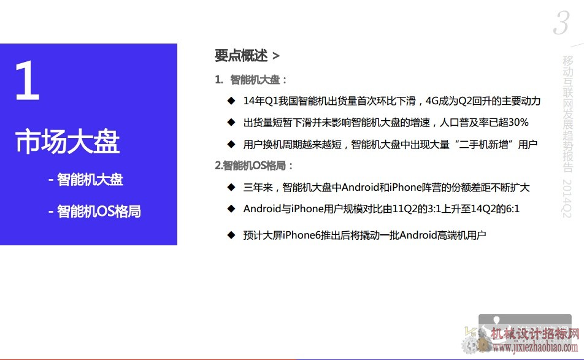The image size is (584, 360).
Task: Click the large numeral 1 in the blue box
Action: coord(28,80)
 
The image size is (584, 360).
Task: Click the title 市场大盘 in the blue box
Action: coord(67,142)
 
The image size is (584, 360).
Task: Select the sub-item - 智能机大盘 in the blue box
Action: coord(86,180)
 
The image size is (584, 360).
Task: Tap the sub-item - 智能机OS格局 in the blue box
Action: coord(94,212)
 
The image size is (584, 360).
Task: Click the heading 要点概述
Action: coord(241,56)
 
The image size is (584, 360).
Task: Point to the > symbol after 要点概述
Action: coord(275,56)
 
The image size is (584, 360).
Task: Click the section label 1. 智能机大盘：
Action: coord(251,80)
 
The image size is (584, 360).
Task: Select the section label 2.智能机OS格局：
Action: coord(254,166)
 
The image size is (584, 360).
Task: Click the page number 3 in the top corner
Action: coord(562,23)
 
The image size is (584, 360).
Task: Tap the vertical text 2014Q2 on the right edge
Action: coord(567,199)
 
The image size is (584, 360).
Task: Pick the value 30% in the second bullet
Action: coord(518,123)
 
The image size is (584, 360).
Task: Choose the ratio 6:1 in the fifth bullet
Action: coord(512,209)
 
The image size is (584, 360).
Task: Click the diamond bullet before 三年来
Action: coord(231,187)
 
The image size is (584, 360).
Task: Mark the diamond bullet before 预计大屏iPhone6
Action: coord(231,235)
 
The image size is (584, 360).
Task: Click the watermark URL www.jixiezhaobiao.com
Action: coord(535,348)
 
